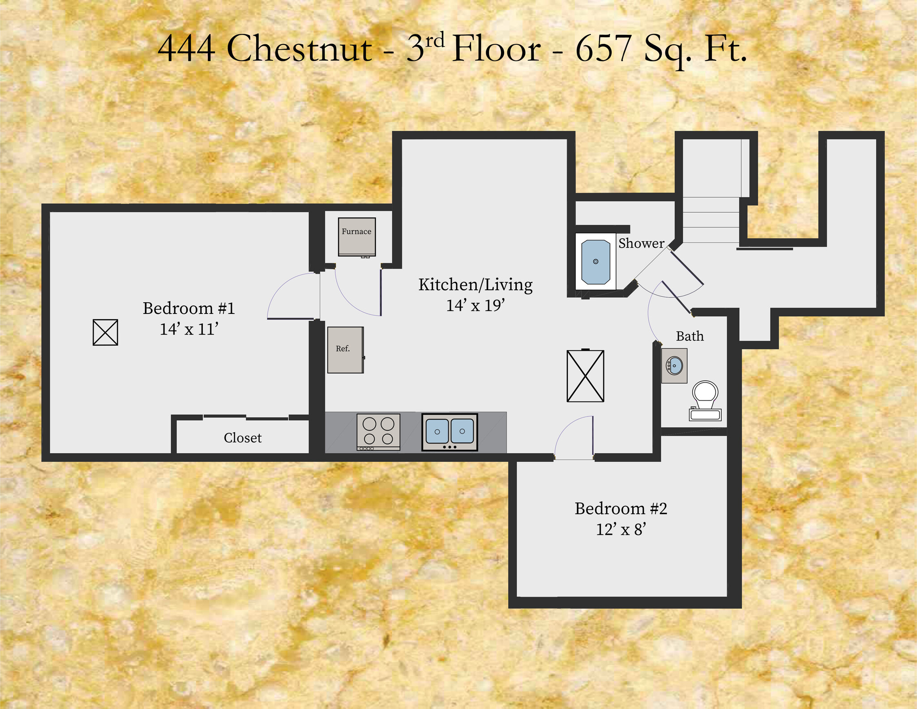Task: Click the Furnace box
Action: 356,236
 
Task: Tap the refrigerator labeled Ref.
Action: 345,350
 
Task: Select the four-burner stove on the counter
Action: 378,431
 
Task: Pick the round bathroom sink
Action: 674,366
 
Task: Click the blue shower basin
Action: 596,262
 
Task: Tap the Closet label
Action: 242,438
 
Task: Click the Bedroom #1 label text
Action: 189,308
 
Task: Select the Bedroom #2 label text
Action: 621,508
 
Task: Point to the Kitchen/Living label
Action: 475,285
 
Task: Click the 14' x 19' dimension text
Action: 475,305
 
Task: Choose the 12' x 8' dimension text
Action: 621,529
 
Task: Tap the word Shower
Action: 641,243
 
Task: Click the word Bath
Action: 690,336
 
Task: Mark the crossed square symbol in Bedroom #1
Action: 105,332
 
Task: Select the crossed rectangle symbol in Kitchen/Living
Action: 585,376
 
